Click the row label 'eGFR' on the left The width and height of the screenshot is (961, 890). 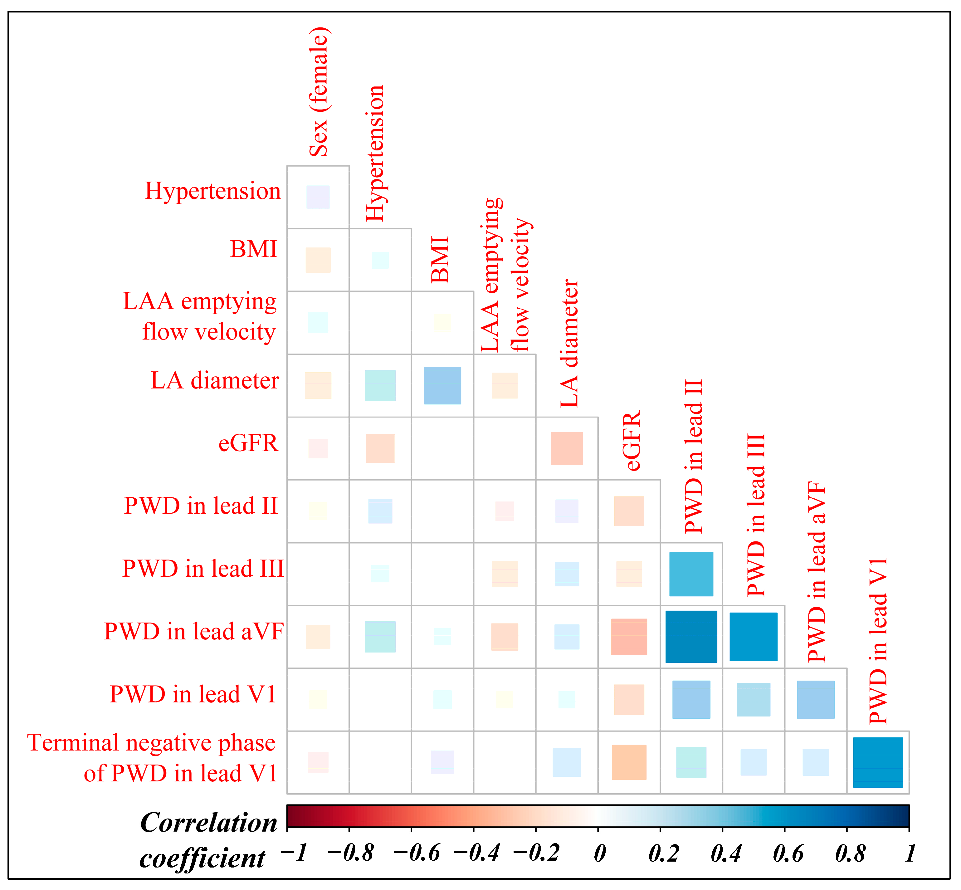[248, 443]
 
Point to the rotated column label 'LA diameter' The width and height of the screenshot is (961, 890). [569, 343]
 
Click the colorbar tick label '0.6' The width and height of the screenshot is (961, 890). [788, 854]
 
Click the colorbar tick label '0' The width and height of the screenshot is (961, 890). [599, 854]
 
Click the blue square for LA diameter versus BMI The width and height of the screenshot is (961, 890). [442, 385]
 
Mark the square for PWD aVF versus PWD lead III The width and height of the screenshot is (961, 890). [754, 637]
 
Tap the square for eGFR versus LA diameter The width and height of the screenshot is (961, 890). [567, 448]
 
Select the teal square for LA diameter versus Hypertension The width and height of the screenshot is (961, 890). [380, 385]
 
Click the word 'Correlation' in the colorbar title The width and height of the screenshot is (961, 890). [209, 822]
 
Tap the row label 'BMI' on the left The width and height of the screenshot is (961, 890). [254, 249]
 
